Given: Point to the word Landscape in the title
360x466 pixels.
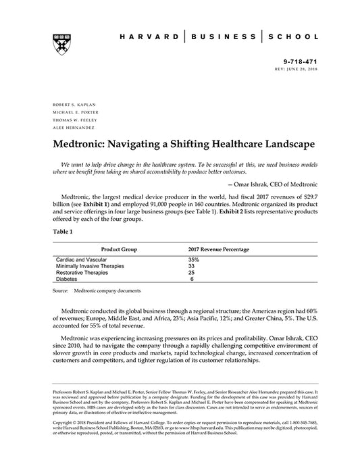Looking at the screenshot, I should (278, 145).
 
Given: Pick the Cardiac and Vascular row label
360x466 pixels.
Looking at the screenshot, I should (82, 259).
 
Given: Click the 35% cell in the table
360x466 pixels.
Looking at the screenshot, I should (193, 259).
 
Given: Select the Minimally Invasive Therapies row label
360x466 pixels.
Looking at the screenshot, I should (90, 266).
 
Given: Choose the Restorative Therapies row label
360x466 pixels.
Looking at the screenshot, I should (82, 272).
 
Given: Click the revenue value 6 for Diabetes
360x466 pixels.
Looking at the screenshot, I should (192, 278).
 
